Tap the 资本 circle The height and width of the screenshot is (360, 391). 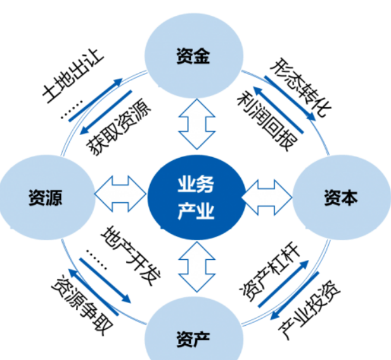[x=341, y=198]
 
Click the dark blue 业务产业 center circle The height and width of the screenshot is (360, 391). [x=195, y=197]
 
